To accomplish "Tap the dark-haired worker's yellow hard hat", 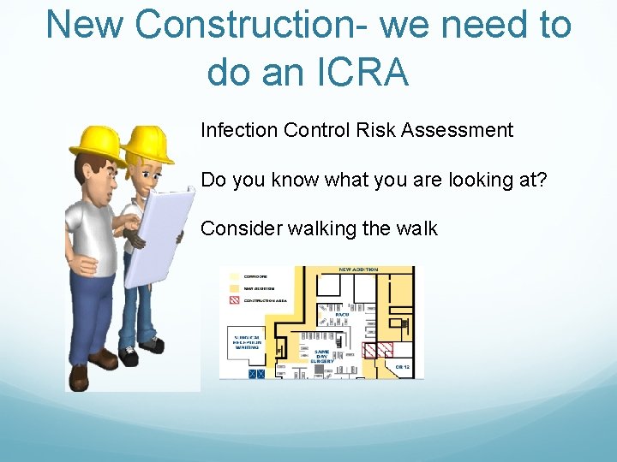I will [97, 141].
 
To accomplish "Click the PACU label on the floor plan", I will [329, 315].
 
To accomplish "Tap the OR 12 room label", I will [403, 367].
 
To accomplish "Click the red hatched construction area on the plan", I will [379, 350].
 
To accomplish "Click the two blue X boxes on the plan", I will [255, 374].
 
